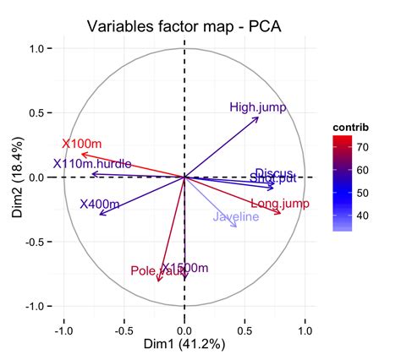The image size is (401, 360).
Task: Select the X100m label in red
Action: click(x=81, y=144)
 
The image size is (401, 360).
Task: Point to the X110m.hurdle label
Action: click(x=91, y=164)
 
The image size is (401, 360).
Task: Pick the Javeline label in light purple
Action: click(x=236, y=217)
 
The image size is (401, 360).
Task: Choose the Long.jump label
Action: click(x=280, y=204)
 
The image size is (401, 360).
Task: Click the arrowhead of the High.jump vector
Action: click(x=258, y=117)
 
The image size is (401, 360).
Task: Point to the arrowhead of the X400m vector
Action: click(x=100, y=215)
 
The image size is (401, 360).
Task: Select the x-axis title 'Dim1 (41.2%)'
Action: click(x=184, y=344)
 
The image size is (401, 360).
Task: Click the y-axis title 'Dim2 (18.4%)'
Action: click(x=17, y=177)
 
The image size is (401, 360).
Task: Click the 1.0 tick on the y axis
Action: click(x=36, y=49)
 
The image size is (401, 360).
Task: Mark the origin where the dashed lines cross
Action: click(x=184, y=177)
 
